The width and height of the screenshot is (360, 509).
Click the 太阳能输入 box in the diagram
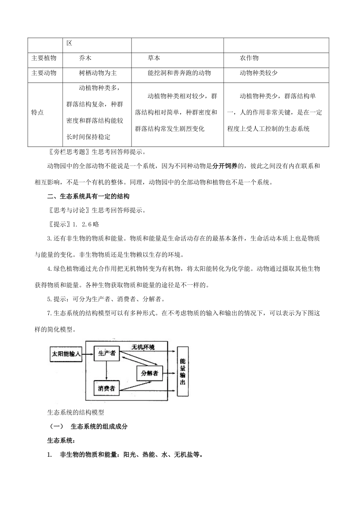pyautogui.click(x=66, y=354)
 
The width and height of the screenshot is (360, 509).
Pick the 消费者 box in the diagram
pyautogui.click(x=106, y=388)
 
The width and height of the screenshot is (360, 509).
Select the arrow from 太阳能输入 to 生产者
pyautogui.click(x=88, y=354)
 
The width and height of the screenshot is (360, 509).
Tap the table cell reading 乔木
pyautogui.click(x=85, y=58)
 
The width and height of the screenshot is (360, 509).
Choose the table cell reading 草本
pyautogui.click(x=154, y=58)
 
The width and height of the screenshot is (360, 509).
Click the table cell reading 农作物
pyautogui.click(x=249, y=58)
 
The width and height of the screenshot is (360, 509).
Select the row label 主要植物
pyautogui.click(x=44, y=58)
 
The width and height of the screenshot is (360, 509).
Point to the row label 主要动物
pyautogui.click(x=44, y=73)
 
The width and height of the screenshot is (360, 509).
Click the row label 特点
pyautogui.click(x=38, y=112)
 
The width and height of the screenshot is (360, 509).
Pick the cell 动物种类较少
pyautogui.click(x=258, y=73)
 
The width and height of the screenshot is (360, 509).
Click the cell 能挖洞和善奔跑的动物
pyautogui.click(x=179, y=73)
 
